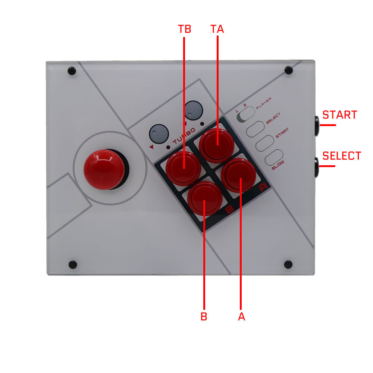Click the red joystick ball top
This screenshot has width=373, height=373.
pyautogui.click(x=104, y=169)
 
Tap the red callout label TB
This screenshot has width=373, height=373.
pyautogui.click(x=185, y=29)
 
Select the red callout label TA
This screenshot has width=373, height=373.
pyautogui.click(x=217, y=29)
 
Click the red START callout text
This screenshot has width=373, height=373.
pyautogui.click(x=340, y=115)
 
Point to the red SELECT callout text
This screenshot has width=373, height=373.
pyautogui.click(x=342, y=156)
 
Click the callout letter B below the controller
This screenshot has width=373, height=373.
pyautogui.click(x=204, y=317)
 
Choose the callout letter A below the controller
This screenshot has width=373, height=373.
pyautogui.click(x=241, y=317)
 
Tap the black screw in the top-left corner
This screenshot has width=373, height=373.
pyautogui.click(x=72, y=71)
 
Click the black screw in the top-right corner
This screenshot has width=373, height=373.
pyautogui.click(x=289, y=70)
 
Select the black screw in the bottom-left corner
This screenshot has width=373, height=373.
pyautogui.click(x=73, y=264)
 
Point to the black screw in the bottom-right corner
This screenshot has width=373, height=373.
pyautogui.click(x=288, y=264)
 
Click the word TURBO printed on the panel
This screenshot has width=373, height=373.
pyautogui.click(x=184, y=136)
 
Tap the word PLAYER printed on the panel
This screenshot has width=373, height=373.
pyautogui.click(x=264, y=103)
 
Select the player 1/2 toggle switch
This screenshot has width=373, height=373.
pyautogui.click(x=246, y=115)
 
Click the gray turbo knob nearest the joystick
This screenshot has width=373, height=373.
pyautogui.click(x=159, y=134)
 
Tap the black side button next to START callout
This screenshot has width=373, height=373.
pyautogui.click(x=317, y=126)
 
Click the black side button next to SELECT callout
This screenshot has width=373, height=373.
pyautogui.click(x=317, y=167)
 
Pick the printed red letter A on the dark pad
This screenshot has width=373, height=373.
pyautogui.click(x=263, y=187)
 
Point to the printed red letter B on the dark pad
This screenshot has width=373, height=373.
pyautogui.click(x=229, y=210)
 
